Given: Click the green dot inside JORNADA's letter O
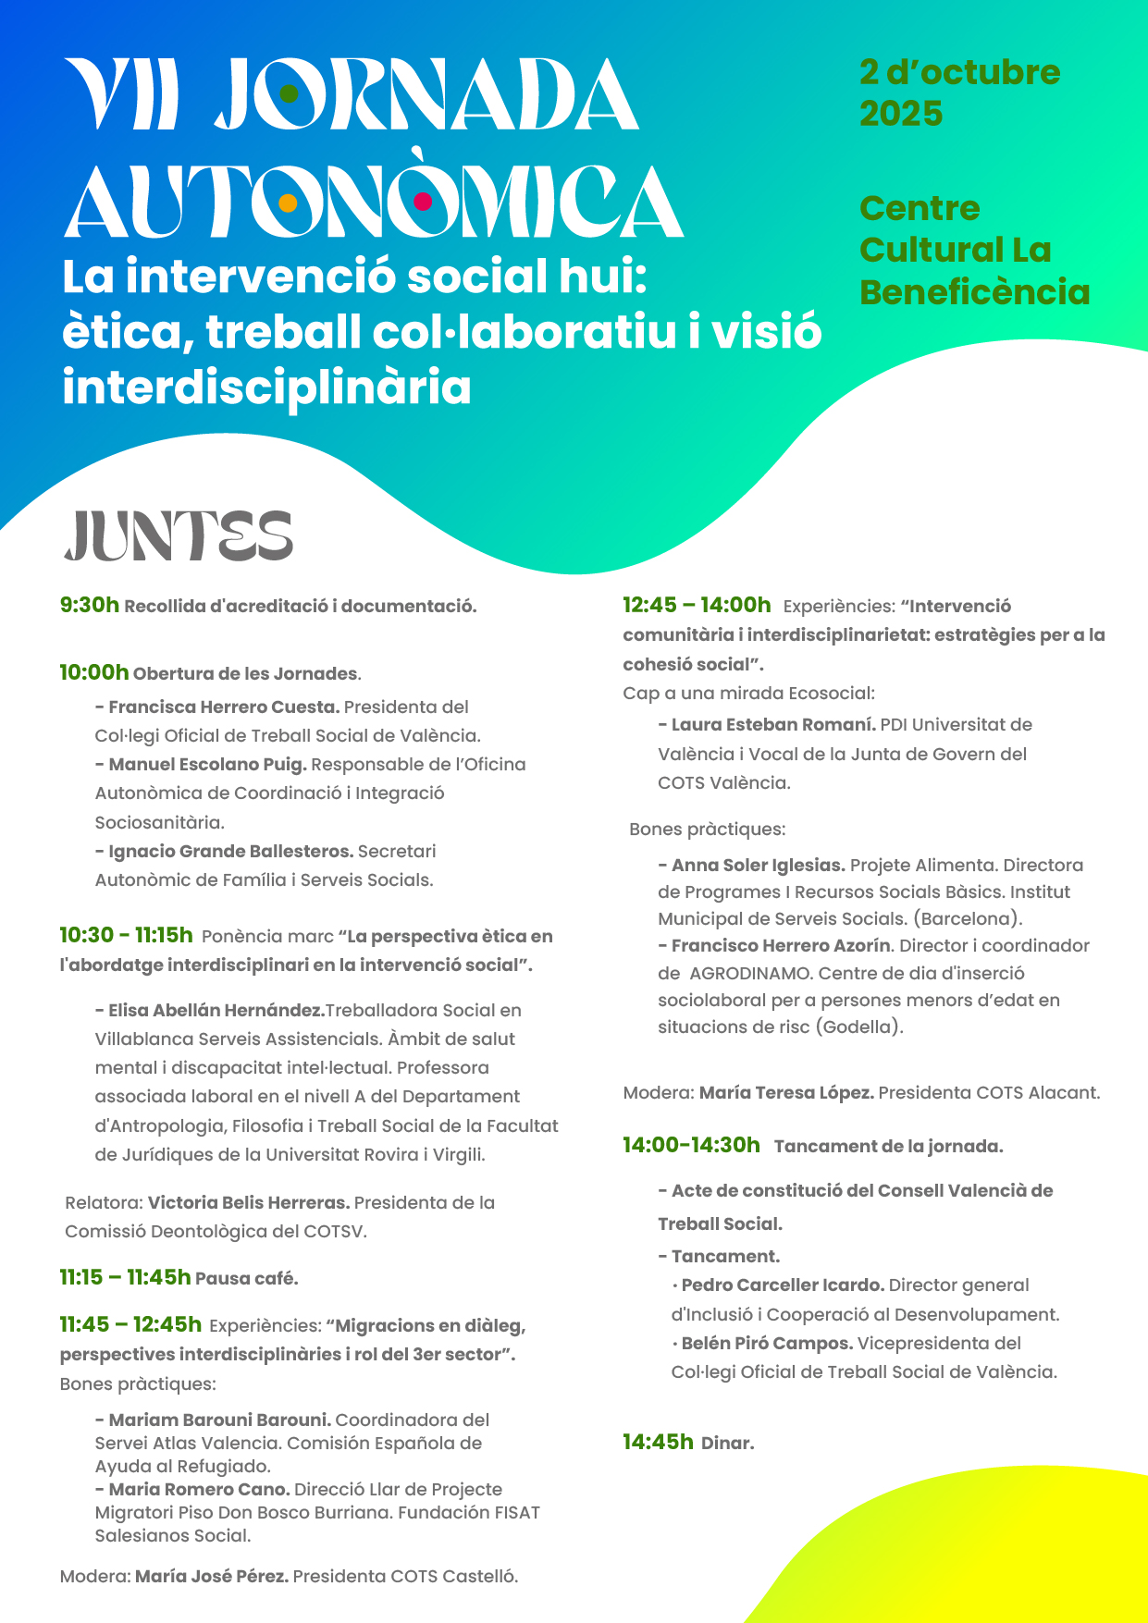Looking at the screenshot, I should (x=289, y=93).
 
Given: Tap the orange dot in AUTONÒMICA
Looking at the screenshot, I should (x=288, y=203).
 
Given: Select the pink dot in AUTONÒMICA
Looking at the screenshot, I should (x=423, y=202).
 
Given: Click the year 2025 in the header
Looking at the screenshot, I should (x=901, y=114).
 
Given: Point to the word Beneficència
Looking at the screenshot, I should (x=974, y=292).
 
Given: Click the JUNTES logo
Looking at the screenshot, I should (x=179, y=536).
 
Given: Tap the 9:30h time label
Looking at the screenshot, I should (x=90, y=606).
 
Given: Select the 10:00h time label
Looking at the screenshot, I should (x=94, y=672).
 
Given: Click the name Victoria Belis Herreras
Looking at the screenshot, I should (x=248, y=1203).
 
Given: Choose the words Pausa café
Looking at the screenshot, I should (x=246, y=1279).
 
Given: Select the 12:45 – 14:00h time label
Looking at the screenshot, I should (x=697, y=606).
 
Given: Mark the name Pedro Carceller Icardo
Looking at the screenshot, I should (x=783, y=1285).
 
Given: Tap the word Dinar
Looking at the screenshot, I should (x=727, y=1443).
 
